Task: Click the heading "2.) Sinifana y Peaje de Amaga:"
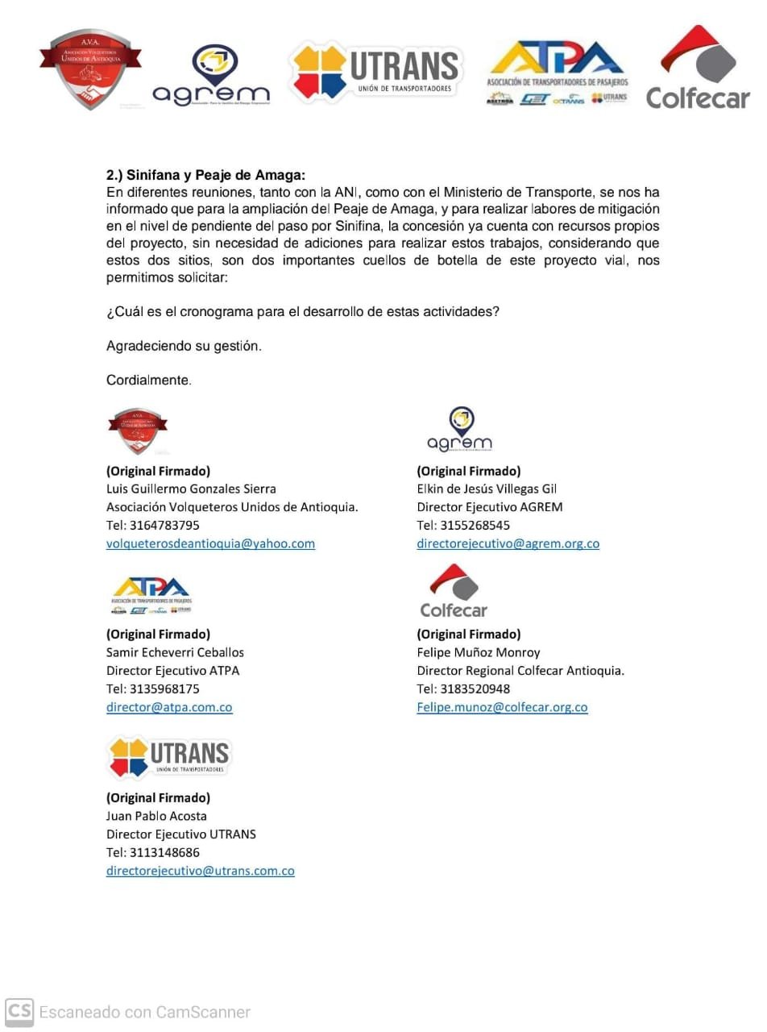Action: tap(205, 175)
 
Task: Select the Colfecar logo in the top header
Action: tap(697, 68)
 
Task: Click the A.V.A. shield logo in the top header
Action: tap(90, 68)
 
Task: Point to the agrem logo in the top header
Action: tap(210, 76)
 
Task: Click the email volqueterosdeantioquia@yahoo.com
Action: tap(210, 543)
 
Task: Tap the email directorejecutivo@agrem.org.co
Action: tap(508, 543)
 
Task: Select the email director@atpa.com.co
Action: tap(169, 707)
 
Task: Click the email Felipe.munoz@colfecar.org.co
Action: tap(502, 707)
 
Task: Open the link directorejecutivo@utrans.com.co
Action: tap(200, 871)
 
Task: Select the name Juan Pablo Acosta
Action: tap(156, 816)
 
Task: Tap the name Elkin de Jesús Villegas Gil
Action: tap(487, 489)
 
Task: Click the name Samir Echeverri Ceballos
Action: tap(175, 652)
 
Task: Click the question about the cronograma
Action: tap(302, 312)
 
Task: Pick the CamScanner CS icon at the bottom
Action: tap(19, 1012)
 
